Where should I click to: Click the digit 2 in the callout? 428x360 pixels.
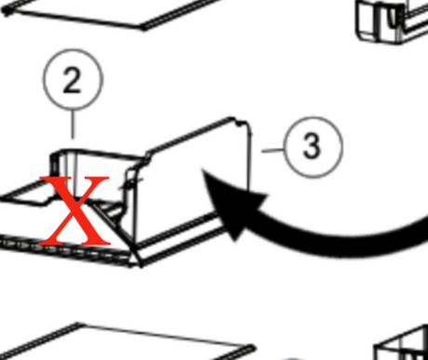pos(73,80)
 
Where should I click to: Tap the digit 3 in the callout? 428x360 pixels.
pos(312,146)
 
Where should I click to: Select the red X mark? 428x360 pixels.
pos(74,210)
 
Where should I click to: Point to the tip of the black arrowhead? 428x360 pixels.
pos(202,169)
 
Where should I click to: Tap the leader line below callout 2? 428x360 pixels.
pos(73,124)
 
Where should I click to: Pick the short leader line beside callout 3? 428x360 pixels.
pos(273,151)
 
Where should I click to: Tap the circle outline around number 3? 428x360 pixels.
pos(314,117)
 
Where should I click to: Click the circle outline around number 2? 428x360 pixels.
pos(73,49)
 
